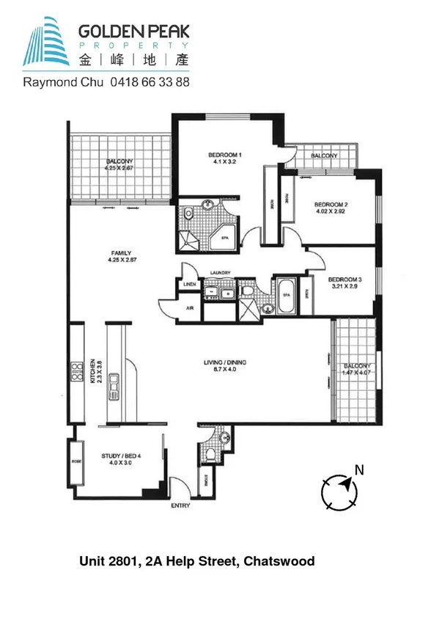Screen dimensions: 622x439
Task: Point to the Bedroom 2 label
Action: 330,205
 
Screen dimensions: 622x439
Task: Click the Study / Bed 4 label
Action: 122,455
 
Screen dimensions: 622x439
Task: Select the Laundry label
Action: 220,274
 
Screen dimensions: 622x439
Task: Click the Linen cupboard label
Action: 189,284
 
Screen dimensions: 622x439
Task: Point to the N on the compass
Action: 358,469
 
